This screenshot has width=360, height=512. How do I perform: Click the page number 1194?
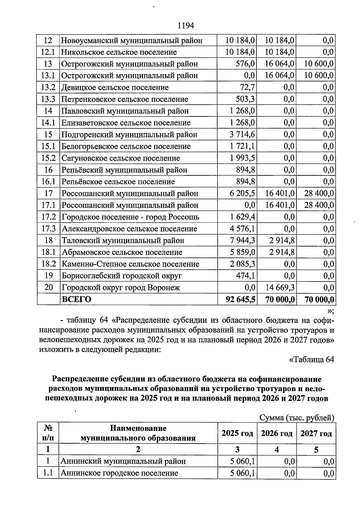(x=186, y=26)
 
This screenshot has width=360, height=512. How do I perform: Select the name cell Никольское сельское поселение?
(x=119, y=52)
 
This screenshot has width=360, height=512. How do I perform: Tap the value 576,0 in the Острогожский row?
(x=246, y=64)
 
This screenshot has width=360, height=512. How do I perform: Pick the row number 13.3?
(x=48, y=99)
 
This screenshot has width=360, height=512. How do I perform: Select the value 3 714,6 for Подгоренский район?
(x=242, y=135)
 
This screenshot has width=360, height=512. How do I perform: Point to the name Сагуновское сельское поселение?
(x=121, y=158)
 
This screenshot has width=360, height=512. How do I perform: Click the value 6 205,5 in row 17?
(x=242, y=193)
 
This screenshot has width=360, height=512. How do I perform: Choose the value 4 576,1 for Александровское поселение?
(x=242, y=229)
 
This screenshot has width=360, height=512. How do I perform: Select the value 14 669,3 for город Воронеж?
(x=280, y=288)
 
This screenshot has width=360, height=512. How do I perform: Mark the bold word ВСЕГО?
(x=76, y=299)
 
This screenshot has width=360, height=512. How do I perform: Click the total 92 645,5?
(x=241, y=300)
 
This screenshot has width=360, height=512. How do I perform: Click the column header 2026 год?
(x=277, y=434)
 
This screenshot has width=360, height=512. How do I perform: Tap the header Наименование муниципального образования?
(x=138, y=433)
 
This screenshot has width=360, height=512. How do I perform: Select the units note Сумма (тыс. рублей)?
(x=297, y=418)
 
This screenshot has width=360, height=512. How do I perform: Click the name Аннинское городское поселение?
(x=119, y=473)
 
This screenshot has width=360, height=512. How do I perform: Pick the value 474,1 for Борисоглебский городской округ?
(x=245, y=276)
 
